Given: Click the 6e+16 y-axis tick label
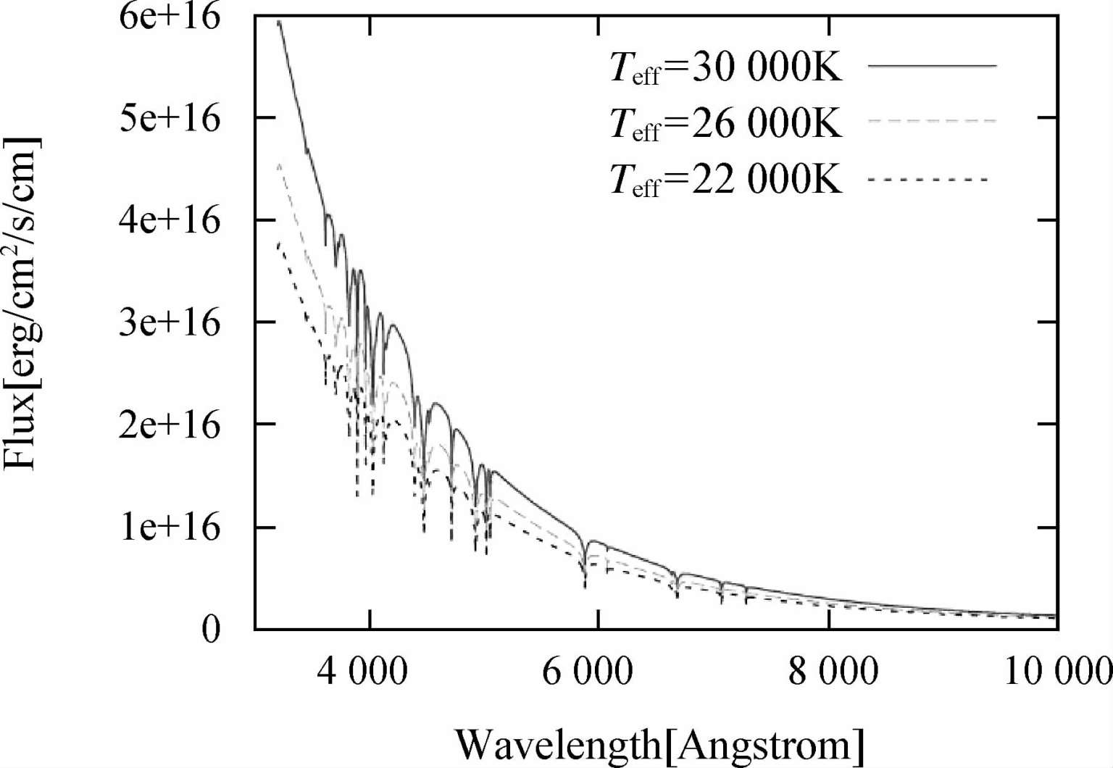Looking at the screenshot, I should point(169,16).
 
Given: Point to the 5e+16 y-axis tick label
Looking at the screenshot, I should point(169,118).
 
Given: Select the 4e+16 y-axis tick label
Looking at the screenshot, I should point(169,220).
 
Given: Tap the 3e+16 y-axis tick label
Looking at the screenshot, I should point(169,322).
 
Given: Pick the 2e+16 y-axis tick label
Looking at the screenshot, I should point(169,425).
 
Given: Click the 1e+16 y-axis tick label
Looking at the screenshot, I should point(169,527).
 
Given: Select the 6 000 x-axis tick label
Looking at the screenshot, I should point(588,672).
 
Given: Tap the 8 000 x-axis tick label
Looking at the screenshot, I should point(833,672).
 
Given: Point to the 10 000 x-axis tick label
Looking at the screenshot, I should point(1058,672).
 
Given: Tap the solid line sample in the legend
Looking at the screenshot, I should point(932,66).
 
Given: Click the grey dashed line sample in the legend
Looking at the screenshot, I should point(932,121).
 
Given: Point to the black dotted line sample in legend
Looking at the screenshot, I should point(927,178).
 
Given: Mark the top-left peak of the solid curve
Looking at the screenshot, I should point(279,22).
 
